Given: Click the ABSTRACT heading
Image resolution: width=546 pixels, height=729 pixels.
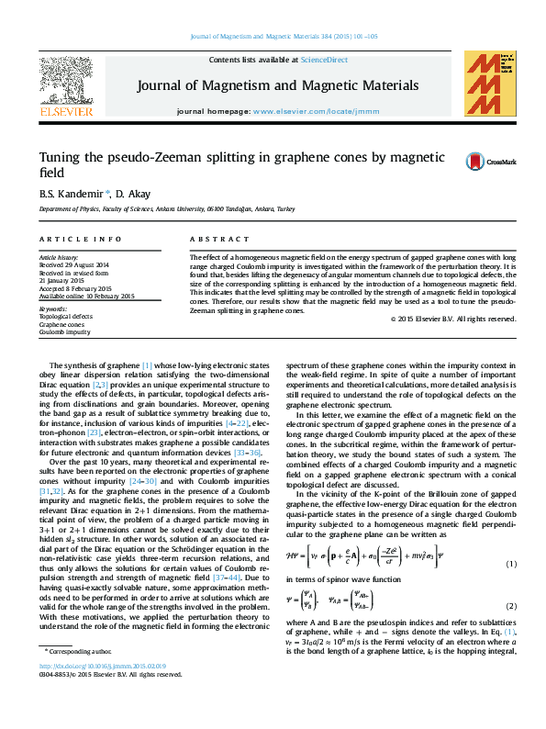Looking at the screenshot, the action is click(x=212, y=239).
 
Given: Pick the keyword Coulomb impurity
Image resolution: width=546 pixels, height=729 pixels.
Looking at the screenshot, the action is click(x=64, y=331).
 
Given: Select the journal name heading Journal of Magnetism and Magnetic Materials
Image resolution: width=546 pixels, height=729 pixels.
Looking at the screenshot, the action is click(x=278, y=85).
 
